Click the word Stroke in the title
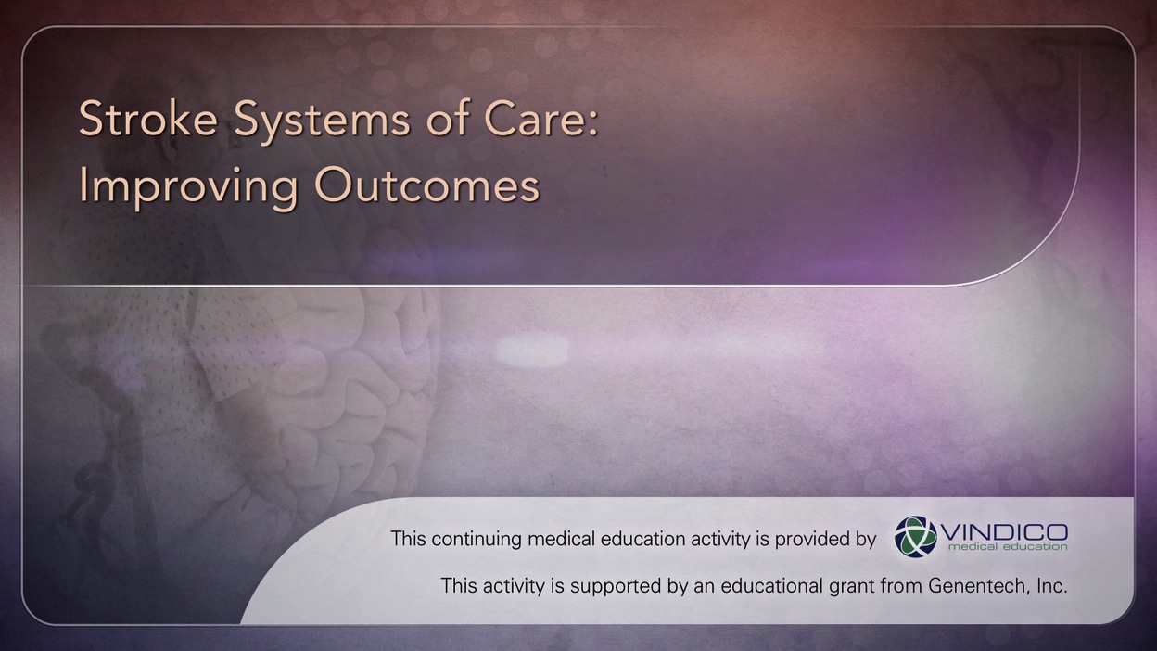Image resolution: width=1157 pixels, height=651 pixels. coord(148,119)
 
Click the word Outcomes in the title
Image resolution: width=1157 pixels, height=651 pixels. coord(427,185)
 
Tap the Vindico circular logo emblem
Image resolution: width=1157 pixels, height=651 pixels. coord(915,537)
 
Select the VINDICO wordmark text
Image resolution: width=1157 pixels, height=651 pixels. coord(1003,531)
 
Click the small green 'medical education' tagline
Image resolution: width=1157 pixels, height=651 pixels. coord(1007,546)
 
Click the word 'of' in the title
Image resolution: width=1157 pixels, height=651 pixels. coord(447,119)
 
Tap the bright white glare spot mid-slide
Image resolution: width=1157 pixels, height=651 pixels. coord(532,351)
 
